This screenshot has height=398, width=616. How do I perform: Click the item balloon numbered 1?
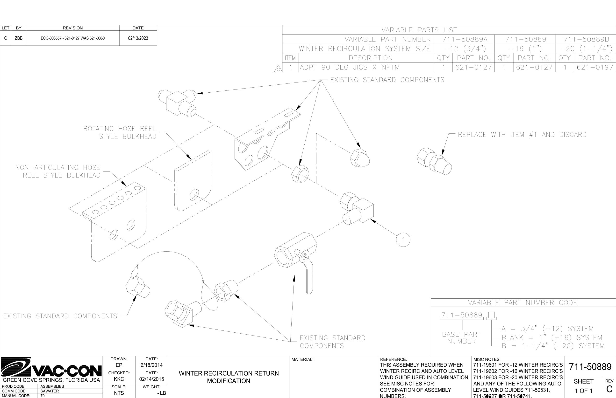403,240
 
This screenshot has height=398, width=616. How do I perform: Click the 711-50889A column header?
465,40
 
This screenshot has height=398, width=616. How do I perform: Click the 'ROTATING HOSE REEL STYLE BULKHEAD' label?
120,133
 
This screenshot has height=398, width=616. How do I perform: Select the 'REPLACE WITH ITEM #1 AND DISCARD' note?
522,135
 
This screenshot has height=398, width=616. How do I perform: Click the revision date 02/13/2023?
138,38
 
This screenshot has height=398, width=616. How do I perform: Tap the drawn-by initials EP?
119,365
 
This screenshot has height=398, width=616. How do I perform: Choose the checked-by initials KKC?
119,379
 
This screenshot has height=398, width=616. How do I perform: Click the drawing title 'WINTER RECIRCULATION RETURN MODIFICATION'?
229,377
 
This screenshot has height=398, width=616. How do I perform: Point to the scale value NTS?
119,393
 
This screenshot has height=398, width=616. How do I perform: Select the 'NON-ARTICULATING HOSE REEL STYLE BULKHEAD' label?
58,171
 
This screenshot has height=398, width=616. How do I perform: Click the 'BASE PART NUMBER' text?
461,338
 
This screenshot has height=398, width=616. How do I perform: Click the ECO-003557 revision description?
73,38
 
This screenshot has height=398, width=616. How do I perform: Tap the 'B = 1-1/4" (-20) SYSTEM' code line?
553,346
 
